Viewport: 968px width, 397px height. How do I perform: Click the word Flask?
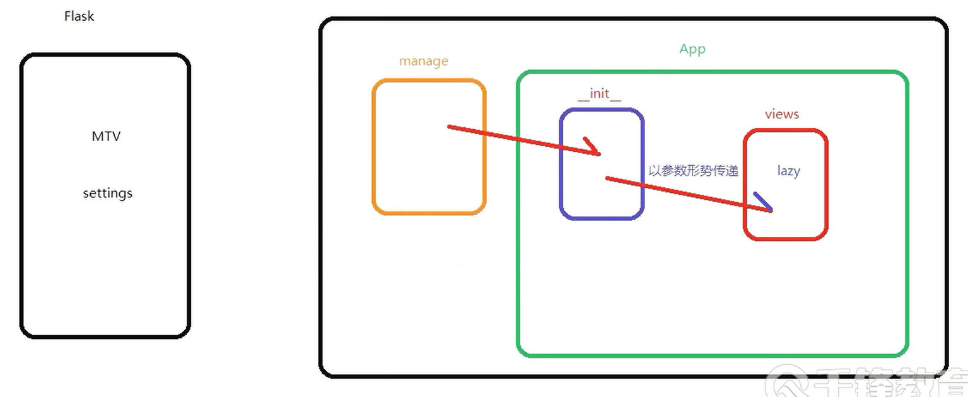[x=79, y=16]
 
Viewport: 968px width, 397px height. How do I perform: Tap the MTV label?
[x=106, y=136]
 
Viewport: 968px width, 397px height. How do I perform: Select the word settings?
[x=108, y=193]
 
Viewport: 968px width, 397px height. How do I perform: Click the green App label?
[x=692, y=49]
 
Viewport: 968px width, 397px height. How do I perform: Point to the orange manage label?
[x=424, y=61]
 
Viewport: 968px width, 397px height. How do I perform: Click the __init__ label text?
[x=599, y=94]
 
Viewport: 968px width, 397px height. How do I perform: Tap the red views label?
[x=781, y=114]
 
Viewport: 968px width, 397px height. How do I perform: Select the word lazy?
[x=788, y=171]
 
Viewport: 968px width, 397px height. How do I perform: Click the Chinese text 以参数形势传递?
[x=693, y=171]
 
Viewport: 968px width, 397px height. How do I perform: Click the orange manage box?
[x=429, y=183]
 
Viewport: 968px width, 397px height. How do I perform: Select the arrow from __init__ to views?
[x=687, y=194]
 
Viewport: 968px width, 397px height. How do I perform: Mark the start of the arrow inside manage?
[x=449, y=127]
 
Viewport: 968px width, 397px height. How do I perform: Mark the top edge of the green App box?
[x=713, y=72]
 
